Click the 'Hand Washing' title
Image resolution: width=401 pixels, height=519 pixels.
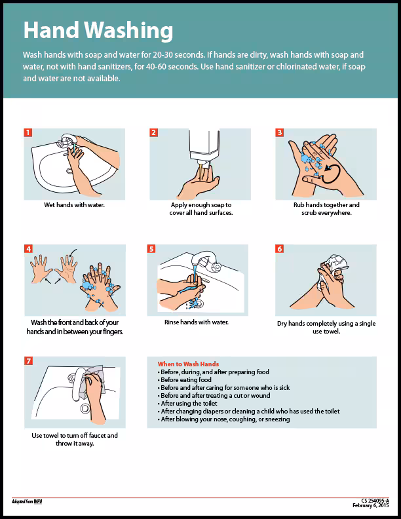(x=98, y=30)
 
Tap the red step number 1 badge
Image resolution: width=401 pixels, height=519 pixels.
(x=28, y=132)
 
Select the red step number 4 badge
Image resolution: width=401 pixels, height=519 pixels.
(x=28, y=249)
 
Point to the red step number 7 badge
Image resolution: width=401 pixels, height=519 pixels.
(x=28, y=361)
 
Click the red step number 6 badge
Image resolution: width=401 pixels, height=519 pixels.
(x=280, y=249)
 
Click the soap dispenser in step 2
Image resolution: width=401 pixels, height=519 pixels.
(x=204, y=147)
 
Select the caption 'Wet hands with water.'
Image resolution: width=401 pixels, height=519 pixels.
(x=74, y=205)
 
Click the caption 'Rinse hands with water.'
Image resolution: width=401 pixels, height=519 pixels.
(x=196, y=322)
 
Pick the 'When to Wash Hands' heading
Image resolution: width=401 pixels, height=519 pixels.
(x=188, y=364)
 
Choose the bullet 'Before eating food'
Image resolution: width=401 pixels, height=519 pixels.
(x=186, y=380)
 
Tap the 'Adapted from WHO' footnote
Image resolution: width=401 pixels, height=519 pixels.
(x=31, y=501)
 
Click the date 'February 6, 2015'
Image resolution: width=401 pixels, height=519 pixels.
(x=370, y=505)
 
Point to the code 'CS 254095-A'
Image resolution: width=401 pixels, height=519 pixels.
(x=375, y=500)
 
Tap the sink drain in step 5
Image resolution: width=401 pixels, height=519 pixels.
(x=197, y=303)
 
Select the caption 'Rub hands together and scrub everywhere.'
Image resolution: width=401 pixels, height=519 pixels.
(x=326, y=208)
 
